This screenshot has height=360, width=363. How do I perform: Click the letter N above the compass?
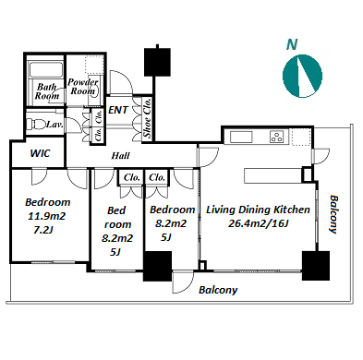292,44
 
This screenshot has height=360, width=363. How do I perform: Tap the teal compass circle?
302,76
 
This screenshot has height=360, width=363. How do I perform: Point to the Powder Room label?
82,87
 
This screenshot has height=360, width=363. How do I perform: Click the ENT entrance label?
118,110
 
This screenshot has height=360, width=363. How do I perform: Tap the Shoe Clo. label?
147,118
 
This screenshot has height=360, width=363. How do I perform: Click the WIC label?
40,153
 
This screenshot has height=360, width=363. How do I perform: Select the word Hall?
120,156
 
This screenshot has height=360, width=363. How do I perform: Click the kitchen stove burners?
276,137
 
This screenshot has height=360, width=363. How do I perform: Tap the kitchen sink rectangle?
241,137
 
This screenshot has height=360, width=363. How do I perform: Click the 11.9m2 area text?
47,216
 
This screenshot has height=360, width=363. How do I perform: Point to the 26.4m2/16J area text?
258,223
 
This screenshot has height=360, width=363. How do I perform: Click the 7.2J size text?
43,230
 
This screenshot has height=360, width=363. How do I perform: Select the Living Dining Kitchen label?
258,210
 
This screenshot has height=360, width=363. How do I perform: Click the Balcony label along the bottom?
218,290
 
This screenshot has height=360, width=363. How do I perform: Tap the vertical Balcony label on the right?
333,214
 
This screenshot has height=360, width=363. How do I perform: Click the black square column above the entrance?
157,62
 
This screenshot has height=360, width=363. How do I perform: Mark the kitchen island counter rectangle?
272,175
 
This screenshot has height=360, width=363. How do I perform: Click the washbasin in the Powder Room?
93,90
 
